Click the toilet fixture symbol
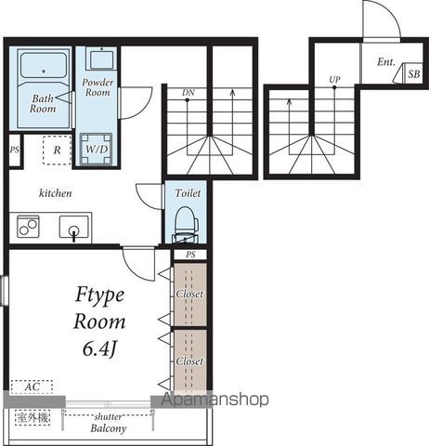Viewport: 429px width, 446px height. click(x=186, y=224)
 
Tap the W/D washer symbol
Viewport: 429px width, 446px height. click(x=97, y=150)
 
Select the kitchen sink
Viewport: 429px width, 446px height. click(x=73, y=228)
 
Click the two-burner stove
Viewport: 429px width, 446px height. click(x=28, y=227)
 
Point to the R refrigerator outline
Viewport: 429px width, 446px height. click(x=58, y=150)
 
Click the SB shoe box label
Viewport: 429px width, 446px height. click(x=414, y=73)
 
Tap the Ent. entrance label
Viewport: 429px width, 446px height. click(x=386, y=62)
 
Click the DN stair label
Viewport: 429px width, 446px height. click(x=188, y=92)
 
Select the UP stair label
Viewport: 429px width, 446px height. click(x=334, y=80)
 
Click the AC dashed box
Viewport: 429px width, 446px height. click(x=32, y=387)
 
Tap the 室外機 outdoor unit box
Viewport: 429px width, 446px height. click(x=32, y=418)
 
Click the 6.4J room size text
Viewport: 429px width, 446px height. click(x=99, y=349)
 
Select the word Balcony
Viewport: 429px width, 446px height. click(x=109, y=428)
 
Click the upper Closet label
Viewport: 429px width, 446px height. click(x=189, y=294)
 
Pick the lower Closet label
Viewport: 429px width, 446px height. click(x=189, y=361)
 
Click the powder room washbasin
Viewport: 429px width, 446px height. click(x=101, y=59)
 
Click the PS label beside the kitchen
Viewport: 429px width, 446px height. click(x=14, y=150)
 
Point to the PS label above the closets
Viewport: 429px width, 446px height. click(x=190, y=255)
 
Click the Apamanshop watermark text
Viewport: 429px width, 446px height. click(x=215, y=400)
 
